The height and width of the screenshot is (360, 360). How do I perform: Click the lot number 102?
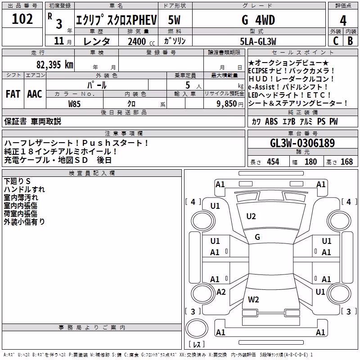22,19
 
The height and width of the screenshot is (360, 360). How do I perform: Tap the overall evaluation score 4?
343,21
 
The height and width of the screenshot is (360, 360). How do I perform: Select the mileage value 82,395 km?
54,65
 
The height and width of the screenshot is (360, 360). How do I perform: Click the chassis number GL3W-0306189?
302,143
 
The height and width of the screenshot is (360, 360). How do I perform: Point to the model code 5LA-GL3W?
258,41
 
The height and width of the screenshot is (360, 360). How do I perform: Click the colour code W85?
74,104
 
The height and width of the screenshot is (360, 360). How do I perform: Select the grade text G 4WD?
258,20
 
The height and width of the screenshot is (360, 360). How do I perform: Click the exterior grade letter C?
336,41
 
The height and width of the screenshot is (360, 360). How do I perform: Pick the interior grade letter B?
351,41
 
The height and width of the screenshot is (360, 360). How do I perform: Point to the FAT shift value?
13,94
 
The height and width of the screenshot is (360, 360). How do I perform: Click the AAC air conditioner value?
35,94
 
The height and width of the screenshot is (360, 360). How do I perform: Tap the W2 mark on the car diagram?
253,299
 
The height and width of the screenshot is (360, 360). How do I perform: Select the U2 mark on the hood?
251,216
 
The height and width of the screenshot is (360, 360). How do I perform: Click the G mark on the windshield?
257,237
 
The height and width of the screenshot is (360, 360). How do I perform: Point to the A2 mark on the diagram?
221,292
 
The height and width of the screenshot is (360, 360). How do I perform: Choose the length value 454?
273,162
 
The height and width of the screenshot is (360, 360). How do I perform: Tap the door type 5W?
174,20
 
